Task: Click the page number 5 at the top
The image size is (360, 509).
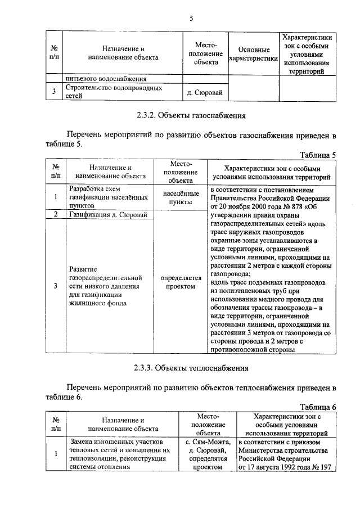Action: pos(191,19)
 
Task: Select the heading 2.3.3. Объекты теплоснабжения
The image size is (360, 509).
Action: pos(191,369)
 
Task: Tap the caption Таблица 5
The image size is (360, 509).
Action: pos(317,155)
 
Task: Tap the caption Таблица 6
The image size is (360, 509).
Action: pos(317,407)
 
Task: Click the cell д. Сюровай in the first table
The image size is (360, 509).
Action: pos(206,92)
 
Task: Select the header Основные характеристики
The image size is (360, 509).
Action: pos(254,55)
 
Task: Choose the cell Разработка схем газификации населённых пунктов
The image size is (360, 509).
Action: pos(107,197)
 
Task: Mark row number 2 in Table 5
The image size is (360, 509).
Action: pos(56,215)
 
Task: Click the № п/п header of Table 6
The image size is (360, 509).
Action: pos(56,424)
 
